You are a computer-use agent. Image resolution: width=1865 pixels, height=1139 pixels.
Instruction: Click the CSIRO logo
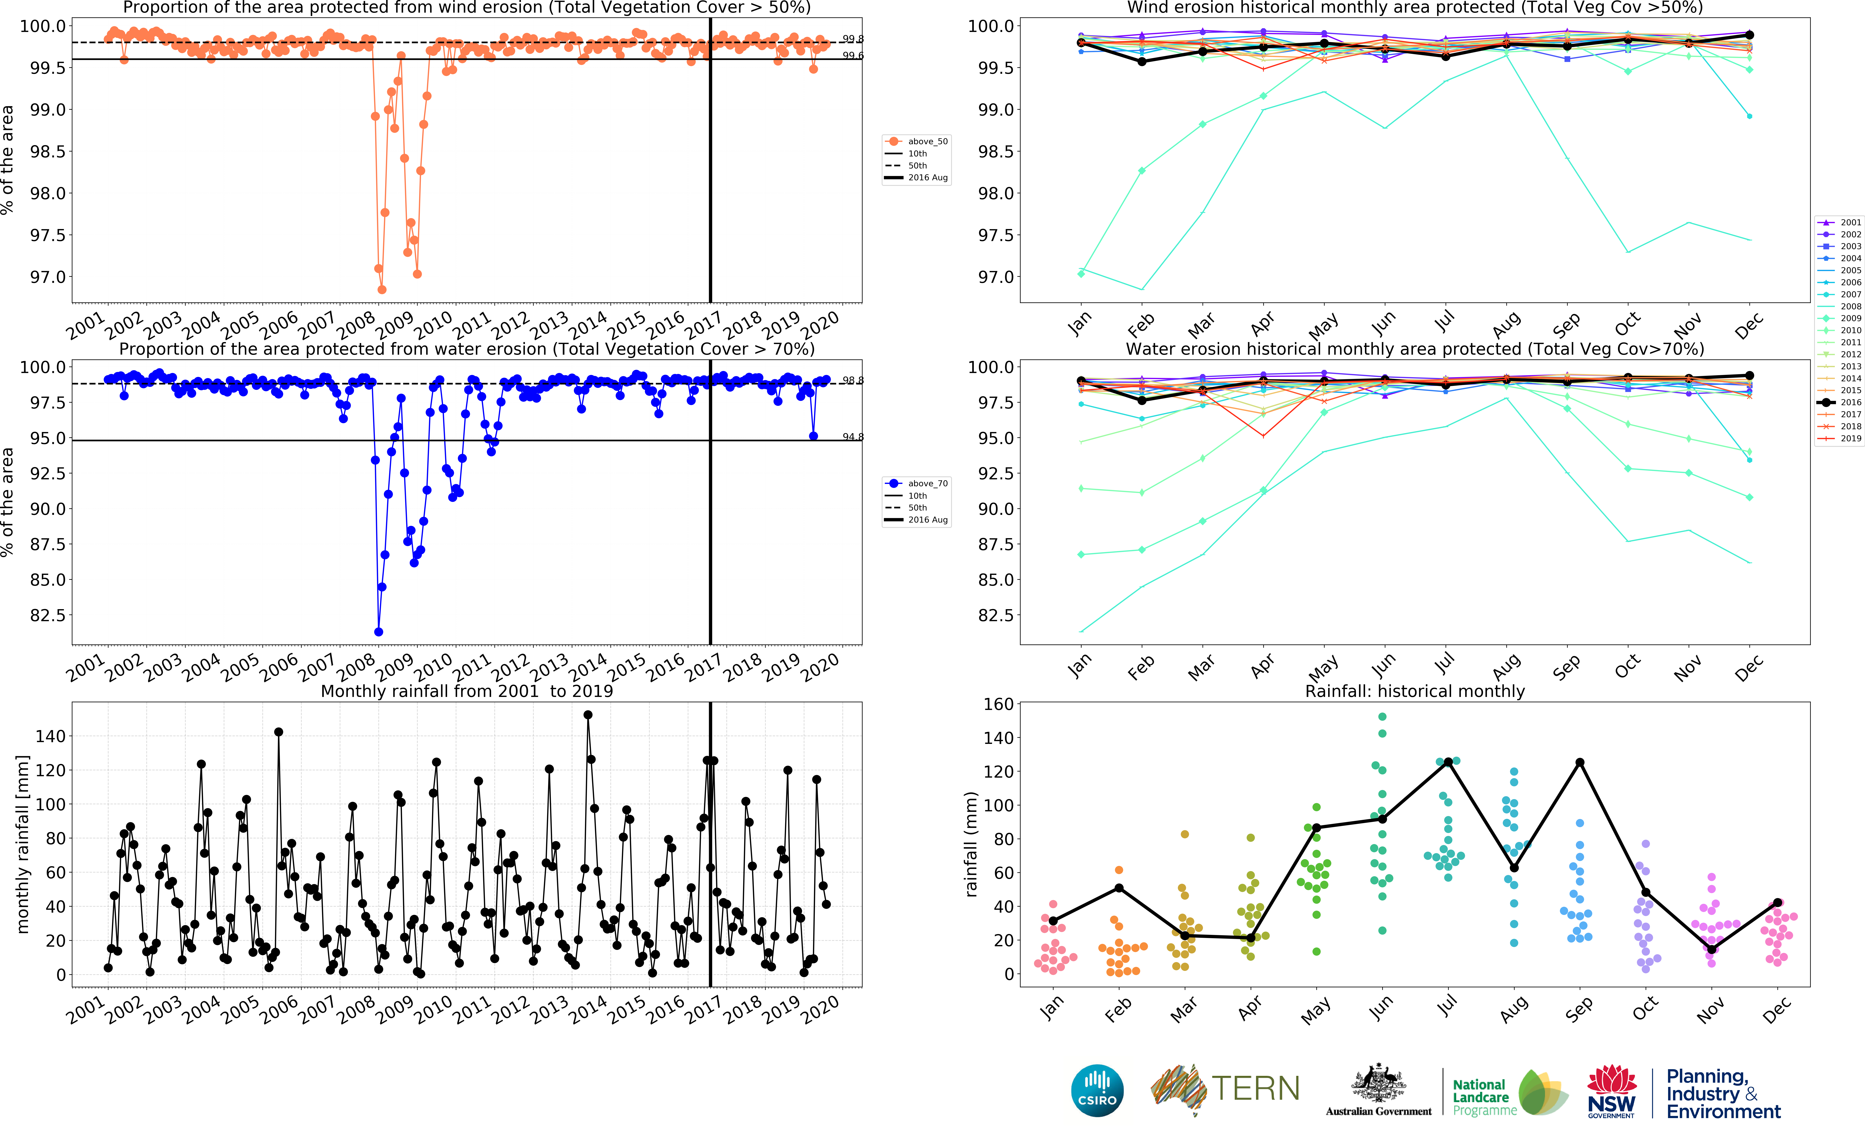pyautogui.click(x=1097, y=1090)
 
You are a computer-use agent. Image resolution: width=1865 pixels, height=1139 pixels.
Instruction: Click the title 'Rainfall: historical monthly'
pyautogui.click(x=1415, y=691)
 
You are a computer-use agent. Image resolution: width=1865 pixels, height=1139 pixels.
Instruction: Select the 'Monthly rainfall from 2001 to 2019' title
pyautogui.click(x=466, y=691)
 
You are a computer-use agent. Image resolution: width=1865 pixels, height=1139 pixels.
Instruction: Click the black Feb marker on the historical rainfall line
pyautogui.click(x=1119, y=888)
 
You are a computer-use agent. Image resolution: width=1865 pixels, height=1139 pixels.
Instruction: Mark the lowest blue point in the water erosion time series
pyautogui.click(x=378, y=632)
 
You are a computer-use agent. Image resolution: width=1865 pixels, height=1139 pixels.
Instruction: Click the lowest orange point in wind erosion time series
pyautogui.click(x=382, y=290)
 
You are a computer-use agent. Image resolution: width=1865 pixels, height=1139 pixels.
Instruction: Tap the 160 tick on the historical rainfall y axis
pyautogui.click(x=998, y=704)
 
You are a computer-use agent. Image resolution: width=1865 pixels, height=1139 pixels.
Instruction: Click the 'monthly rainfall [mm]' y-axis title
pyautogui.click(x=23, y=844)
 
